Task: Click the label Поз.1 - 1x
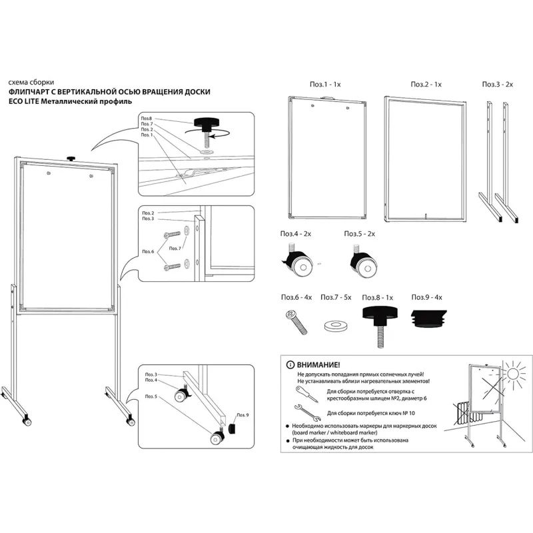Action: (x=324, y=85)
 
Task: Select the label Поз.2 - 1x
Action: (x=426, y=85)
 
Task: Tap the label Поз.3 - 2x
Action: (x=498, y=85)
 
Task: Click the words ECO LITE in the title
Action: (x=24, y=101)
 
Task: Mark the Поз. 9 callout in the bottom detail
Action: (x=242, y=415)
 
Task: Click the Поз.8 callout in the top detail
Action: (x=147, y=118)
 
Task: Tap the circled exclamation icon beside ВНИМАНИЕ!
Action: (x=288, y=366)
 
